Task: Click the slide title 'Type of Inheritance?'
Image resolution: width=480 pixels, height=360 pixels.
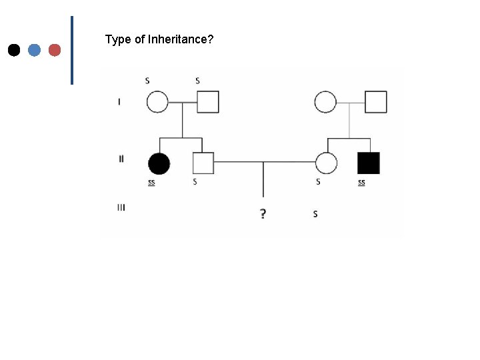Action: coord(159,40)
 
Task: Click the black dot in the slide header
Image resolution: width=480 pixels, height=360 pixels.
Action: coord(13,50)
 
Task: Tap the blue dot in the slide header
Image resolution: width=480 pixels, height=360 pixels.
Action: coord(35,50)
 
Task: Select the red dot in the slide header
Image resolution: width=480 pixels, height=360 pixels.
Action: coord(55,50)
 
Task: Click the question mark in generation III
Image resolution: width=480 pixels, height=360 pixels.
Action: coord(263,214)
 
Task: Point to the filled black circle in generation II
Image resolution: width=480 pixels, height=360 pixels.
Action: coord(159,163)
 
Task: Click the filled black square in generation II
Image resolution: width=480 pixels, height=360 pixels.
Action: coord(369,163)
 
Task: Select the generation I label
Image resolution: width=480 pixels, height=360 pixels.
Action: coord(119,101)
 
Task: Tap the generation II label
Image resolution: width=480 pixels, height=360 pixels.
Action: coord(121,159)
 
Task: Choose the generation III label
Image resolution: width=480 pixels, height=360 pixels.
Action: coord(121,207)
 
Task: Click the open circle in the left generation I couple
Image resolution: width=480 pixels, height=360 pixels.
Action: coord(157,102)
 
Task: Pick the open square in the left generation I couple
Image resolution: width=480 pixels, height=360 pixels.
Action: coord(208,102)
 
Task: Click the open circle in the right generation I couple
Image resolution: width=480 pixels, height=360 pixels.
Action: coord(325,102)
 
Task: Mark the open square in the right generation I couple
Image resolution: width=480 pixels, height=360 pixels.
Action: coord(376,102)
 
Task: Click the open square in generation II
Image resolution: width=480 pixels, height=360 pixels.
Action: coord(203,163)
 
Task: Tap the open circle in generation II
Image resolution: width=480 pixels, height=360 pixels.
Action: coord(326,163)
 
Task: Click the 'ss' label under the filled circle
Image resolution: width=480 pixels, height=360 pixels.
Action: coord(152,181)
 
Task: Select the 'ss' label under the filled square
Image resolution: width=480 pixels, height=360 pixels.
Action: coord(361,181)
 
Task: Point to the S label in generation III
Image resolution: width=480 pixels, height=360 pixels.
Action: coord(315,214)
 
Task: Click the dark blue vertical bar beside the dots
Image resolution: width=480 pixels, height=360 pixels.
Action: coord(71,50)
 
